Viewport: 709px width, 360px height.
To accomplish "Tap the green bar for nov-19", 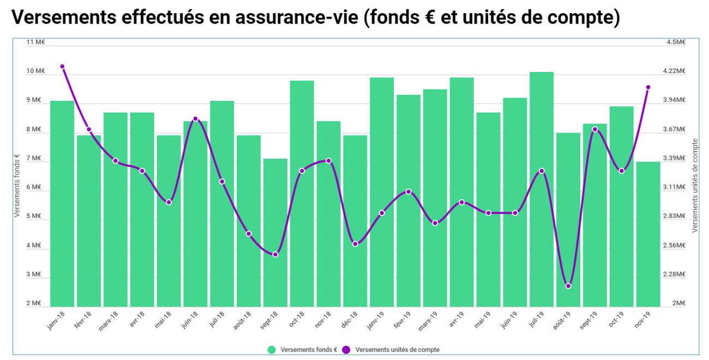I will [x=648, y=235].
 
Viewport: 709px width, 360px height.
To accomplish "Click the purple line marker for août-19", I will [x=568, y=286].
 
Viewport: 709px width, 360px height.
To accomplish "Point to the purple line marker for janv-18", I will [x=62, y=67].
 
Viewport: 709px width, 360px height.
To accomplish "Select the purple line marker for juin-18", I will [x=195, y=119].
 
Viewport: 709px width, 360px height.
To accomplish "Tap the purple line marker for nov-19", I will [x=648, y=87].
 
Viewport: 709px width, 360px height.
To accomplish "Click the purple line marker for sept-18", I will [x=275, y=255].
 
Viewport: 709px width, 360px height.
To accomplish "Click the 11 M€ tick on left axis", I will [x=36, y=43].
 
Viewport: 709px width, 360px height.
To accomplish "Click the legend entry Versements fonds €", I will [x=303, y=350].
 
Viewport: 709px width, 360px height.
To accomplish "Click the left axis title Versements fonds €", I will [x=17, y=185].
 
